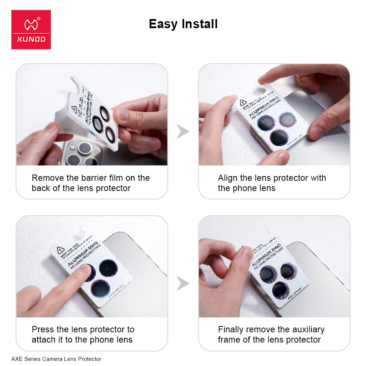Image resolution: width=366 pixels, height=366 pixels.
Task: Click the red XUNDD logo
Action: click(31, 30)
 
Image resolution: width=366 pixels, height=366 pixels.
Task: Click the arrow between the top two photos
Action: click(183, 131)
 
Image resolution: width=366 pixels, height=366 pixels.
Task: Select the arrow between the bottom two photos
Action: click(183, 283)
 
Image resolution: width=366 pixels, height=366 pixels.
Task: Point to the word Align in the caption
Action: click(228, 178)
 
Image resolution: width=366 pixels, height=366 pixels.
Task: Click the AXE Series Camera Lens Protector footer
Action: click(56, 359)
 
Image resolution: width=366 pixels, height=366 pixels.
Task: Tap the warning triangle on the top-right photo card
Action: click(243, 102)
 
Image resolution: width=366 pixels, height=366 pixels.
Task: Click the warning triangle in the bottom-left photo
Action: click(59, 251)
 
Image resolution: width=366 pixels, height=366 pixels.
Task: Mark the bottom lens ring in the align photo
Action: click(280, 137)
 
